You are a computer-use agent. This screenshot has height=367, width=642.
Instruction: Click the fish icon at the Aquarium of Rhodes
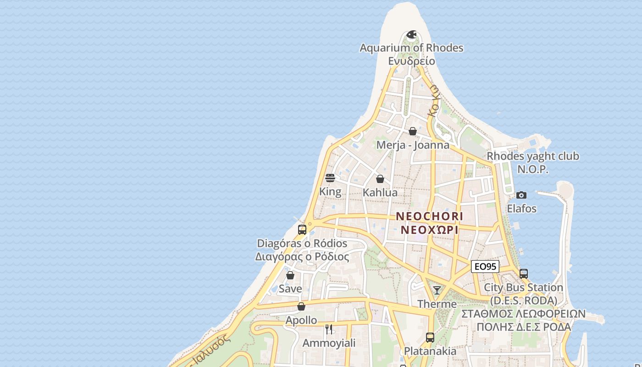pos(412,34)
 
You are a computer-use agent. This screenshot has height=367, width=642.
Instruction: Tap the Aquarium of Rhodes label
pos(411,48)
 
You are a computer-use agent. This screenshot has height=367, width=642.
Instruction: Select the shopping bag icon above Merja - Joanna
pos(413,131)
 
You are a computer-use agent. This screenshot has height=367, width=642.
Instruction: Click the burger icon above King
pos(330,178)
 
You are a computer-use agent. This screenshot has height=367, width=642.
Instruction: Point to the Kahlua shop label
pos(380,193)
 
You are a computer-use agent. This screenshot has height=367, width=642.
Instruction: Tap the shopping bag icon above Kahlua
pos(380,179)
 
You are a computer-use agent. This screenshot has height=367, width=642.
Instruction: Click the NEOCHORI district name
pos(430,216)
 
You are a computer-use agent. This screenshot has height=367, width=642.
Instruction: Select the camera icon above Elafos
pos(521,195)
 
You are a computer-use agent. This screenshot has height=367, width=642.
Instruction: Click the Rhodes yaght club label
pos(533,156)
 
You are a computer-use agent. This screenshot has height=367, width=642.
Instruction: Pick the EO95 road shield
pos(485,267)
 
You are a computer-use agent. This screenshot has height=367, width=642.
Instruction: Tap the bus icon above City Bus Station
pos(524,273)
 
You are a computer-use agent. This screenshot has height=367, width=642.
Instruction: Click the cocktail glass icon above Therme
pos(437,290)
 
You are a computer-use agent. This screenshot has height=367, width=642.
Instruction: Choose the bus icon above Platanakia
pos(430,338)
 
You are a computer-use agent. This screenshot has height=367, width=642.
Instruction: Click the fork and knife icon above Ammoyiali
pos(329,329)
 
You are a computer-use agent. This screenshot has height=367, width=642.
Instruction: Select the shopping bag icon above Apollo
pos(301,306)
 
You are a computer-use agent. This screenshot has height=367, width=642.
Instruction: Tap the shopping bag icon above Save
pos(290,275)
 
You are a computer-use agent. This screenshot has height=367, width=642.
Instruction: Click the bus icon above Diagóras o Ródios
pos(302,230)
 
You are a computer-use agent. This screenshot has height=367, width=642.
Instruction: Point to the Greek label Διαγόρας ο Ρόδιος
pos(302,257)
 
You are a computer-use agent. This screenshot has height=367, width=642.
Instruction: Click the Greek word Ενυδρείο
pos(411,61)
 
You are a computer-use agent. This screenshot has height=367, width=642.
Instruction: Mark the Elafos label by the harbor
pos(521,209)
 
